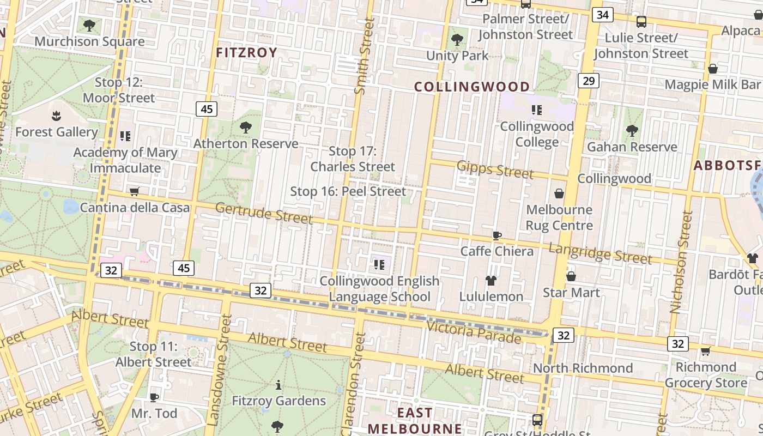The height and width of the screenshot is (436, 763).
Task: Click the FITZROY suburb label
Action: pyautogui.click(x=247, y=52)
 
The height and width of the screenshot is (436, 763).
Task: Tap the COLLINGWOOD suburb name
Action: pyautogui.click(x=472, y=87)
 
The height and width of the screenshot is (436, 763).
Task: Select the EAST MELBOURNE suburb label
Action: pyautogui.click(x=414, y=420)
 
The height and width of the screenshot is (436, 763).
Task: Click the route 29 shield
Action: pyautogui.click(x=588, y=81)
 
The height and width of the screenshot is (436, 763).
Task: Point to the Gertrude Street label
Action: pyautogui.click(x=264, y=213)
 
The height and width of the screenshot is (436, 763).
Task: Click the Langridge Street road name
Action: pyautogui.click(x=600, y=253)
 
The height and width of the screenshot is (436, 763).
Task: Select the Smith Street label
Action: pyautogui.click(x=365, y=56)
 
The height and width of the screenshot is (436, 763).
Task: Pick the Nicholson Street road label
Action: pyautogui.click(x=681, y=262)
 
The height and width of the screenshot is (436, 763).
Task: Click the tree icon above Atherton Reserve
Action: pyautogui.click(x=245, y=128)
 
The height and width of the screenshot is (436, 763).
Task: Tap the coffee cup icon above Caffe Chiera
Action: pyautogui.click(x=496, y=235)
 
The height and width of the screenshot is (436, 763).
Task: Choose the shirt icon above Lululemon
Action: pyautogui.click(x=491, y=281)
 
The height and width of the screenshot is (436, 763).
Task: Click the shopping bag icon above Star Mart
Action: pyautogui.click(x=571, y=276)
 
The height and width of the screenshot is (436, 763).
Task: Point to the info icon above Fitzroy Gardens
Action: pyautogui.click(x=278, y=385)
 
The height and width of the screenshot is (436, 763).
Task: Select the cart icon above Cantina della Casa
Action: pyautogui.click(x=135, y=191)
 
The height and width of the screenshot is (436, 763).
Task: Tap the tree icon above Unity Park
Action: pyautogui.click(x=457, y=39)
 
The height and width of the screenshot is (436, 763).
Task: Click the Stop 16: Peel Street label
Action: pyautogui.click(x=348, y=191)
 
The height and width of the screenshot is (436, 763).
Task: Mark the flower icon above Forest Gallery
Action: pyautogui.click(x=56, y=116)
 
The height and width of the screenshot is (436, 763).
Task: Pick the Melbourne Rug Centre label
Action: pyautogui.click(x=559, y=217)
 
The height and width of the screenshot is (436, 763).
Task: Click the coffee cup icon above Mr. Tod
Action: pyautogui.click(x=154, y=397)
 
